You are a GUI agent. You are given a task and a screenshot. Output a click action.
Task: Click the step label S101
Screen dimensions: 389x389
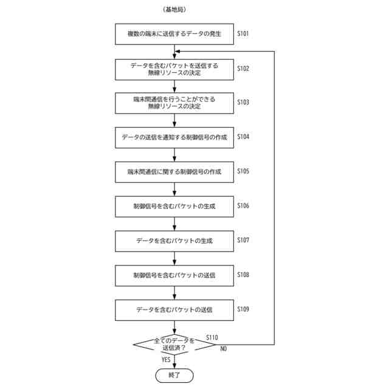tap(243, 33)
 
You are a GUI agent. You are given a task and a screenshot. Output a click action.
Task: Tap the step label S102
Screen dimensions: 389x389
tap(243, 68)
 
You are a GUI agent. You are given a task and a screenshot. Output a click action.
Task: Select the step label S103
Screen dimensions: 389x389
tap(243, 103)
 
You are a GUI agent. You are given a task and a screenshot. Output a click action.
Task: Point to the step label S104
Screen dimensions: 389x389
tap(243, 137)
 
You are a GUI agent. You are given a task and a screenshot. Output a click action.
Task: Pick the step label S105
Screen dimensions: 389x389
tap(243, 171)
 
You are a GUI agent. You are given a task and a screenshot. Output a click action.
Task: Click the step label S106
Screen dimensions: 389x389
tap(243, 205)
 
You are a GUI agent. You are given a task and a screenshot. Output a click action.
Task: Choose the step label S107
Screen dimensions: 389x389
tap(243, 240)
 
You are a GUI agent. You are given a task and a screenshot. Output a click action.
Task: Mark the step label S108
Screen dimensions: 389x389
tap(243, 275)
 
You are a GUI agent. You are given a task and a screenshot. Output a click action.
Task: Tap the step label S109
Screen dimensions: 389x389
tap(243, 309)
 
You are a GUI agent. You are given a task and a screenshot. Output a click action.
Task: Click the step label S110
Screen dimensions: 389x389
tap(212, 337)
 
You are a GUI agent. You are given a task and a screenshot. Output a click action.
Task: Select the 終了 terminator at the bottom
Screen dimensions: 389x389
tap(174, 374)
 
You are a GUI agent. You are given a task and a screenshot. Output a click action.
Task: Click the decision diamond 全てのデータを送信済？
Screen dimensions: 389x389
tap(174, 345)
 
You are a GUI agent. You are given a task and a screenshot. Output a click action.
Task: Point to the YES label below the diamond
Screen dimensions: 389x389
tap(166, 360)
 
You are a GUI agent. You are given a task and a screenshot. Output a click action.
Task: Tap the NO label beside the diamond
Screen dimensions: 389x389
tap(223, 349)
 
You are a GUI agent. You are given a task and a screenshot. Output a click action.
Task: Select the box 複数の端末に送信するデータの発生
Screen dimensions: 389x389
tap(174, 34)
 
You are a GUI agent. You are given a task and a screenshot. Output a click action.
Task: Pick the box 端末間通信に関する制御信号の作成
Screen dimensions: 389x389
tap(174, 172)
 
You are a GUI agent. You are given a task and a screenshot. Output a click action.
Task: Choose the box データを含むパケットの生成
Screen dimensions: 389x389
tap(174, 241)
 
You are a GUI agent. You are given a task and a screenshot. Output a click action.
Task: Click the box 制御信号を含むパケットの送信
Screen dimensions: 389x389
tap(174, 275)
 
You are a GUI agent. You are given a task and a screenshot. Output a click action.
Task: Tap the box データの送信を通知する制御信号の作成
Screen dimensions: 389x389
tap(174, 137)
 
